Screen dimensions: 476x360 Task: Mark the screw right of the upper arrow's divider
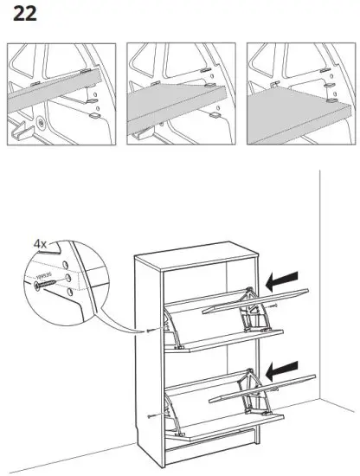click(x=274, y=306)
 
